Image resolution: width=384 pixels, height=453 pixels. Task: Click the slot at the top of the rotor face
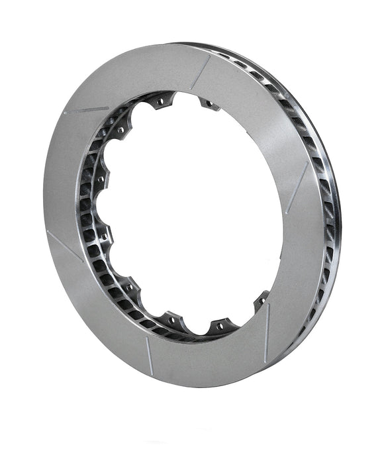click(201, 72)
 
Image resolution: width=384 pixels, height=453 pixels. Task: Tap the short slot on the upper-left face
click(88, 109)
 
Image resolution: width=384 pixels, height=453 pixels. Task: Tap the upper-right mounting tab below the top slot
click(209, 103)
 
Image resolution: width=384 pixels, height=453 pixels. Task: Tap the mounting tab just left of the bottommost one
click(173, 321)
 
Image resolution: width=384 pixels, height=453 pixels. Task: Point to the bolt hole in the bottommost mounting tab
click(218, 325)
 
